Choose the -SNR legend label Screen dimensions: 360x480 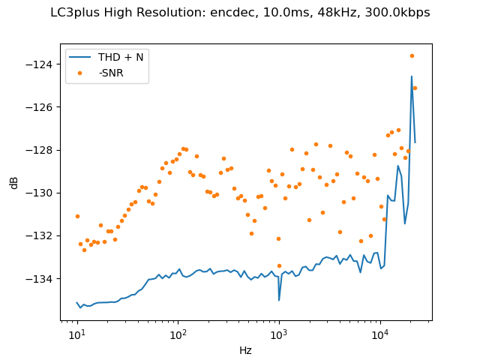click(x=111, y=73)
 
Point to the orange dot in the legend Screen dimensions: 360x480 click(x=81, y=73)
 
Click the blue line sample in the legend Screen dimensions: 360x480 click(x=81, y=58)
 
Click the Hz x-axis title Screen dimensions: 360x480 click(x=245, y=350)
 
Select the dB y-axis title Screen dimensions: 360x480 click(x=14, y=182)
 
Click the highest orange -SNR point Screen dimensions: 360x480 click(x=412, y=55)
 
